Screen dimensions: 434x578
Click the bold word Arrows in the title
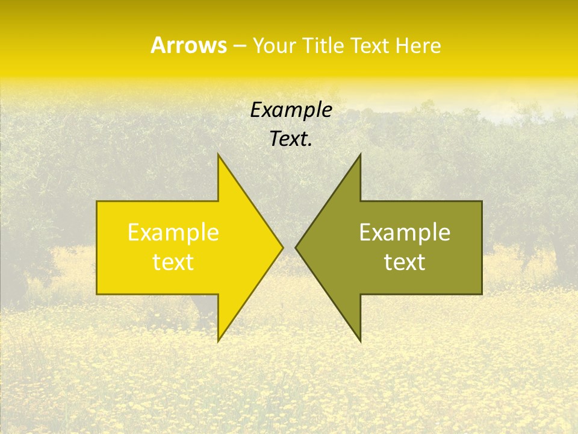point(188,45)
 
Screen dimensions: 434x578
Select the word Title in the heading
point(325,46)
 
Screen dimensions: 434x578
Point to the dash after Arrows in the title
point(239,46)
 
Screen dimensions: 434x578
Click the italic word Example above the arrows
point(291,110)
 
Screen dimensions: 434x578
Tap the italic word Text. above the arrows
point(291,139)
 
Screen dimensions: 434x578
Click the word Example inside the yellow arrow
point(173,233)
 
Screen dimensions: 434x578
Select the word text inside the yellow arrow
point(173,262)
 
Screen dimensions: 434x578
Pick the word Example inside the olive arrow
point(405,233)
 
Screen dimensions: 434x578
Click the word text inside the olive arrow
point(405,262)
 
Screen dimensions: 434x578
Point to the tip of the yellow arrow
point(283,247)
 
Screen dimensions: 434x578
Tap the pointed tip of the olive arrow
point(296,247)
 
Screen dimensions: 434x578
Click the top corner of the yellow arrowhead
point(218,154)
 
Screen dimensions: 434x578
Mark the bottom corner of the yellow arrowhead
point(218,341)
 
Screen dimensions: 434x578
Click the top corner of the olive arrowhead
point(360,154)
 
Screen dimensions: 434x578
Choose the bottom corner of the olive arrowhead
point(360,341)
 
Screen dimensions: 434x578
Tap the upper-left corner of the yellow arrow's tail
point(97,201)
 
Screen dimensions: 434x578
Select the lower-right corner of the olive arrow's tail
point(482,294)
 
